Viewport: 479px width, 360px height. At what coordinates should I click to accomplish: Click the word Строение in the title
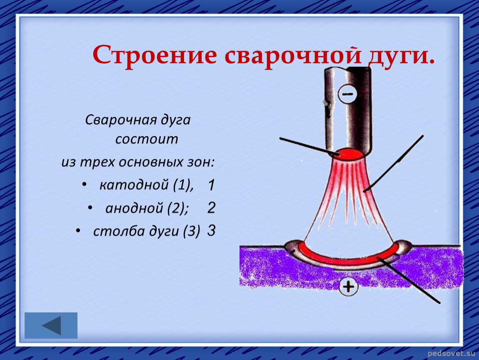click(155, 55)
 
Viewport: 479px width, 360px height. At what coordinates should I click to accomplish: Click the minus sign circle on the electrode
click(347, 93)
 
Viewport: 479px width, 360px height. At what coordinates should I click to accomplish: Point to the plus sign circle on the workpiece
click(348, 287)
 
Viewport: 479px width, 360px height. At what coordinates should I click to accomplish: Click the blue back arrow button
click(51, 325)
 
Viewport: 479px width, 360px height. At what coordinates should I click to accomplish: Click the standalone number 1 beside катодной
click(211, 185)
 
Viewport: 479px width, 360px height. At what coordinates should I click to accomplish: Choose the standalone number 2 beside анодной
click(212, 208)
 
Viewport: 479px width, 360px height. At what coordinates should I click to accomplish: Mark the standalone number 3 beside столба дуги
click(212, 230)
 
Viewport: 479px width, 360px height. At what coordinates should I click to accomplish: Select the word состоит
click(147, 139)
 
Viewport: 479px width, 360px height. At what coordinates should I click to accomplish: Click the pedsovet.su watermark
click(451, 354)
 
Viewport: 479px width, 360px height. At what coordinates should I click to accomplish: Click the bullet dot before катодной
click(84, 184)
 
